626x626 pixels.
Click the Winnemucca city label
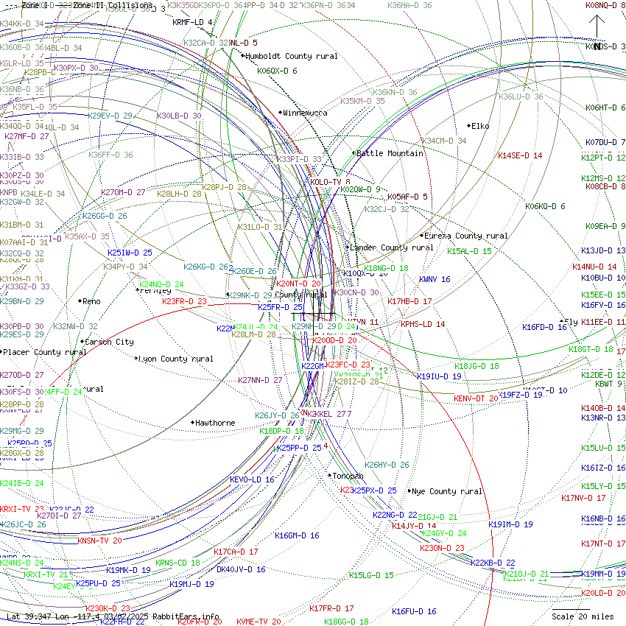click(x=306, y=113)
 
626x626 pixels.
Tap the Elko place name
click(x=480, y=126)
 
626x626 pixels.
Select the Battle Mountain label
click(x=390, y=153)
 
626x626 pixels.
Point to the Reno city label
click(x=91, y=301)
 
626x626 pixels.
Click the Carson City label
click(x=110, y=342)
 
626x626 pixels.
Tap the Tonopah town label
click(x=348, y=476)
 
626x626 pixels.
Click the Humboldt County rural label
click(x=292, y=56)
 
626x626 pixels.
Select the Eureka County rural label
click(x=466, y=236)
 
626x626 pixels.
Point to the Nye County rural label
click(x=448, y=491)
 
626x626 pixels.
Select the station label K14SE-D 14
click(x=520, y=155)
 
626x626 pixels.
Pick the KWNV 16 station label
click(x=435, y=279)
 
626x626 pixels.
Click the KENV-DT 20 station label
click(x=476, y=398)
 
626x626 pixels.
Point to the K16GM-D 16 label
click(x=297, y=535)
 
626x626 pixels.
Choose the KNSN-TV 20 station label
click(x=99, y=541)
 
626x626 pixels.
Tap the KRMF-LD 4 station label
click(x=193, y=22)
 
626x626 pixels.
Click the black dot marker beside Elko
click(x=468, y=126)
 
